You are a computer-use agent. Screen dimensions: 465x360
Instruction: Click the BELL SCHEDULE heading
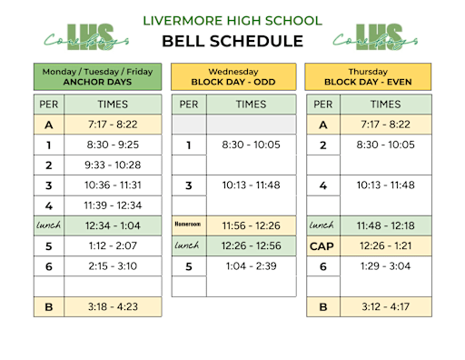tap(232, 41)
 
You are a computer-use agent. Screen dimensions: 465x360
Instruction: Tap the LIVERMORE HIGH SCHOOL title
tap(232, 20)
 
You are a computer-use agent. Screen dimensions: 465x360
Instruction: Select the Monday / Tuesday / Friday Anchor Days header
tap(98, 75)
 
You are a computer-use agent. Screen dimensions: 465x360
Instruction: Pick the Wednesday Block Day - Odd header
tap(232, 75)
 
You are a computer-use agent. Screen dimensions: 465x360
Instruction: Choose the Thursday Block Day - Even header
tap(368, 75)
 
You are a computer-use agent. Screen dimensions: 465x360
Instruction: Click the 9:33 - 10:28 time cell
tap(114, 165)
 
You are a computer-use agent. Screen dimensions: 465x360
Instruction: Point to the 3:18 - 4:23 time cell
tap(114, 306)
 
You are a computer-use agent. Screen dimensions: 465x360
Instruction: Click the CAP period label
tap(322, 245)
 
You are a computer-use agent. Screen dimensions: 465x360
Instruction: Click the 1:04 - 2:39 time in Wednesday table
tap(252, 265)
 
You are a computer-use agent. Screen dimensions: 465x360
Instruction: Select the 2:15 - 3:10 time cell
tap(114, 265)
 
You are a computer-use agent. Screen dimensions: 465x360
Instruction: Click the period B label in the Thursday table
tap(322, 306)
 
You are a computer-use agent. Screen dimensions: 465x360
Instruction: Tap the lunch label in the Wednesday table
tap(188, 245)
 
